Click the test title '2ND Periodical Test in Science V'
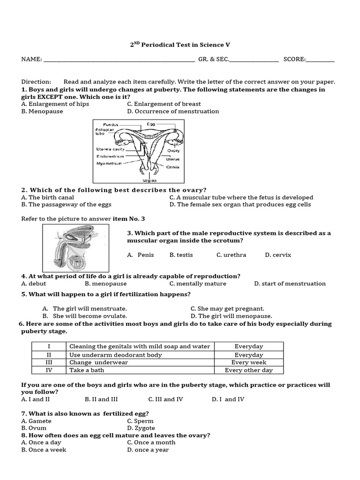[180, 45]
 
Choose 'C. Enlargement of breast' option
[164, 104]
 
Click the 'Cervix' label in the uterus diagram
[172, 167]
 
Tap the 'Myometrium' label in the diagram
[109, 164]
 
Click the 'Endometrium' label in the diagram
[110, 156]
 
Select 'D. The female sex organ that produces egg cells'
[240, 204]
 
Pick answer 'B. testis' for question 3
[181, 255]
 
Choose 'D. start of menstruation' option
[290, 284]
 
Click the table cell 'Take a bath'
[87, 370]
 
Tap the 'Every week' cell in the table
[248, 363]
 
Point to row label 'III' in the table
[49, 363]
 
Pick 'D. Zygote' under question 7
[140, 428]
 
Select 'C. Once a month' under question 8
[151, 442]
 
